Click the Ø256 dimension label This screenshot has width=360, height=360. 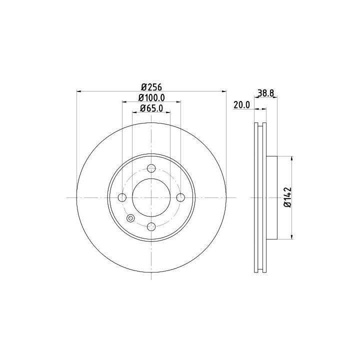click(151, 87)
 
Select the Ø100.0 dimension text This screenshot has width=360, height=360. click(151, 98)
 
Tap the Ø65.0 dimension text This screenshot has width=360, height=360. click(151, 108)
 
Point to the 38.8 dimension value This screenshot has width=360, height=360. click(266, 93)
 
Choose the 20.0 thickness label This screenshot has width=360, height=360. click(241, 105)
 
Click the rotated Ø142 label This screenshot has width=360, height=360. click(287, 197)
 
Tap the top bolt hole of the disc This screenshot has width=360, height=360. click(151, 168)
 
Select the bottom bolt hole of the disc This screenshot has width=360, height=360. click(151, 227)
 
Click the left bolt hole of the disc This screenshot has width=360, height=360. click(122, 197)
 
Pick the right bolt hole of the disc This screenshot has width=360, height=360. click(180, 197)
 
